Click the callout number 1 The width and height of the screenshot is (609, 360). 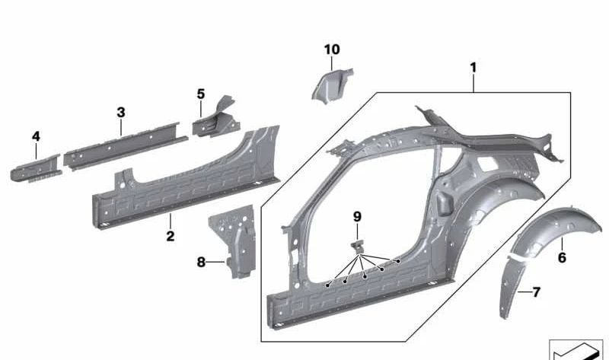tap(473, 68)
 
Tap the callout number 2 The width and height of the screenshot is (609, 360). tap(170, 237)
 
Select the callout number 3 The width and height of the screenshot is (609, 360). tap(120, 113)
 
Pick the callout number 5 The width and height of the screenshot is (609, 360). tap(201, 94)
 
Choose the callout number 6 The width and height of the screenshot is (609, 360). tap(562, 258)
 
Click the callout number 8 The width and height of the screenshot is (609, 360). tap(201, 262)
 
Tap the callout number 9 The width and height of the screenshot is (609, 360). tap(357, 217)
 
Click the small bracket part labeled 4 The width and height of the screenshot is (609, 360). tap(37, 166)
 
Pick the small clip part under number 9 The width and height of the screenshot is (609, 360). tap(358, 245)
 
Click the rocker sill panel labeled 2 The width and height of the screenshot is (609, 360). tap(183, 183)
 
